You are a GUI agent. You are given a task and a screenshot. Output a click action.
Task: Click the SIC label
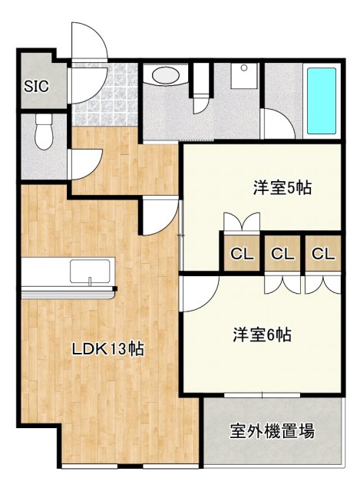pos(37,86)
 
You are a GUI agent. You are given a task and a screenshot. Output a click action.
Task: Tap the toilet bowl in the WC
pos(44,132)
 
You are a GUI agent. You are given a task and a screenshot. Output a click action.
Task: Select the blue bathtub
pos(321,101)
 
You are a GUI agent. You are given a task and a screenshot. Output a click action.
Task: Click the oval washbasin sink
pos(166,75)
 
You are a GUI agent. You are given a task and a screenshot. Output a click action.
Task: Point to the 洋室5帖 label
pos(282,188)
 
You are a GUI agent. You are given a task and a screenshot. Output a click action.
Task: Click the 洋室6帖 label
pos(262,334)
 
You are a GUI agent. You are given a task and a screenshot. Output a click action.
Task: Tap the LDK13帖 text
pos(107,348)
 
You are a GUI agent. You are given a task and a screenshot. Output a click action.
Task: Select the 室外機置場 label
pos(272,431)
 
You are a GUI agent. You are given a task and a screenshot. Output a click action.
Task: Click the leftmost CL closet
pos(242,253)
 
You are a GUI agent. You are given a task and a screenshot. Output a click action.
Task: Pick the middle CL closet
pos(282,253)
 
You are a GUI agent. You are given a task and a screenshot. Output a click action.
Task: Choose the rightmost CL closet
pos(323,253)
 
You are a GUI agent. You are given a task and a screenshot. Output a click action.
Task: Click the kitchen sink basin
pos(90,271)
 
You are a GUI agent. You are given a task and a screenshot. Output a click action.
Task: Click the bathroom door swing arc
pos(279,124)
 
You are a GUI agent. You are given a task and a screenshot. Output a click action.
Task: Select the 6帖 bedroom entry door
pos(200,295)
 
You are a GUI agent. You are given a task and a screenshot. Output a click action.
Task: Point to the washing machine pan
pos(244,76)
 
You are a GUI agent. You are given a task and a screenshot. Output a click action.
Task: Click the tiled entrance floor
pos(105,94)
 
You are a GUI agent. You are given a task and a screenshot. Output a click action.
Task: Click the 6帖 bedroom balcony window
pos(262,396)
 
